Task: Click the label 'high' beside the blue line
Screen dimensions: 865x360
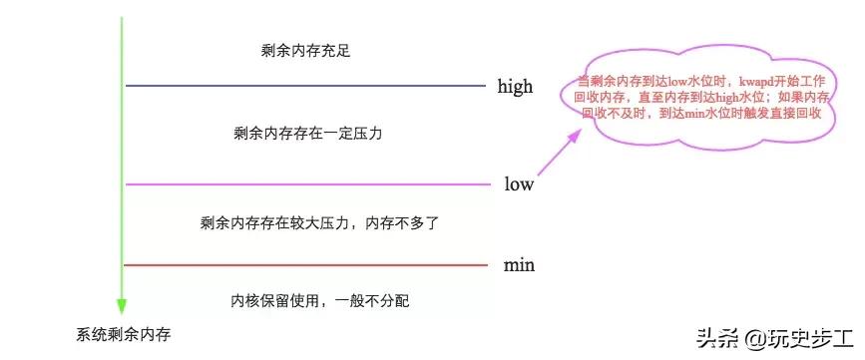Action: (x=515, y=87)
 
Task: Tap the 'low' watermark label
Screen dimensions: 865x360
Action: (x=519, y=184)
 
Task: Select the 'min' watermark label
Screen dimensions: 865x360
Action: (x=519, y=265)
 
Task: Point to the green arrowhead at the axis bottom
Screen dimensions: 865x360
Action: (x=121, y=304)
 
